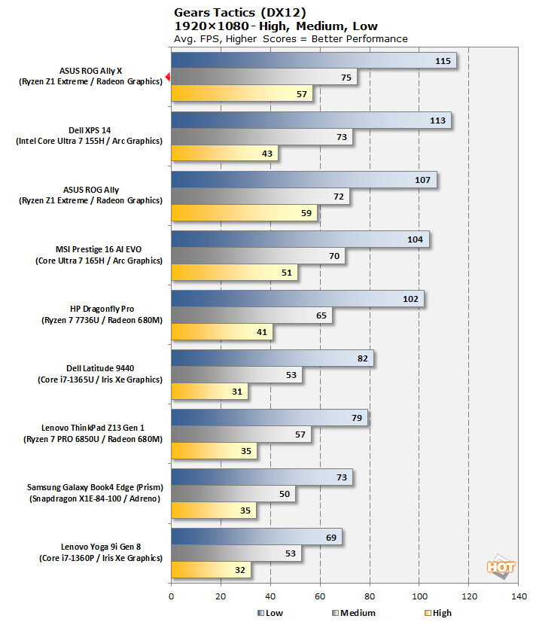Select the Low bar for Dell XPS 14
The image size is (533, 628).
coord(310,120)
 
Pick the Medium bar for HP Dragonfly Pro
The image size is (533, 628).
coord(251,316)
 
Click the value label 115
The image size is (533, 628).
coord(443,61)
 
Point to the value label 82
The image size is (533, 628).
coord(362,358)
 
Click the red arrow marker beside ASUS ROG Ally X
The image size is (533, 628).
coord(167,77)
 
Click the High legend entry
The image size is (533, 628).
coord(437,613)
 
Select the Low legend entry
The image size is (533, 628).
coord(270,613)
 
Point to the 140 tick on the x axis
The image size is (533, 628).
coord(518,596)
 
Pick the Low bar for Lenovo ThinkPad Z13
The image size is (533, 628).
coord(269,418)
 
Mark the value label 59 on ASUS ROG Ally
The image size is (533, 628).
coord(307,213)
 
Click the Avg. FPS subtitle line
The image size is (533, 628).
coord(291,38)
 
